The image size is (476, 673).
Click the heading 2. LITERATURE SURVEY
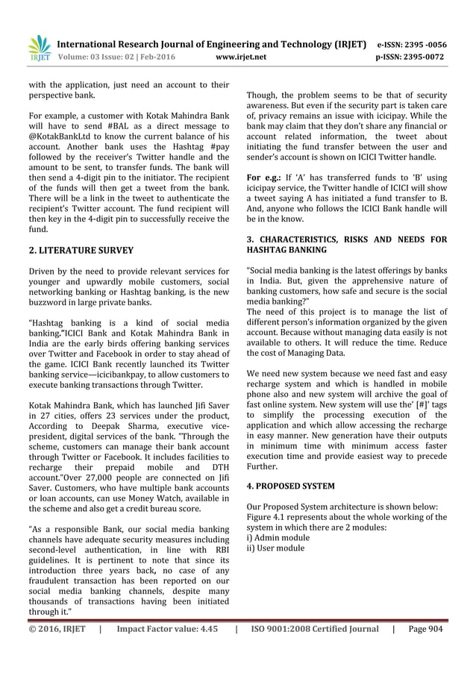[77, 250]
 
